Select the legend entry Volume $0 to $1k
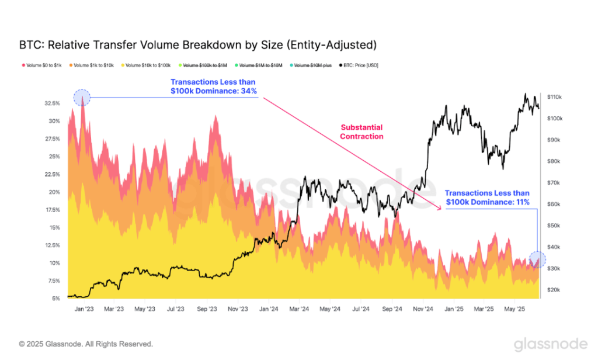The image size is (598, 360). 44,65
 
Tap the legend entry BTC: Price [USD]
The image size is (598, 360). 359,65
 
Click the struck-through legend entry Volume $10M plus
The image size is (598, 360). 312,65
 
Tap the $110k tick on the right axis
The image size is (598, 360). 554,97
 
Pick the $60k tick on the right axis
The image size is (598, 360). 553,204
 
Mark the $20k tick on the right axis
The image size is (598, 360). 553,290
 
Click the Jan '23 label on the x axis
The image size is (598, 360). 85,309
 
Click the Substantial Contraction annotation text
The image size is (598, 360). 362,131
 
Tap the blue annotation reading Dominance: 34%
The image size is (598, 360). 214,86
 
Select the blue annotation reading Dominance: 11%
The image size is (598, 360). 487,198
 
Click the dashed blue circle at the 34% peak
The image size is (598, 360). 82,97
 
